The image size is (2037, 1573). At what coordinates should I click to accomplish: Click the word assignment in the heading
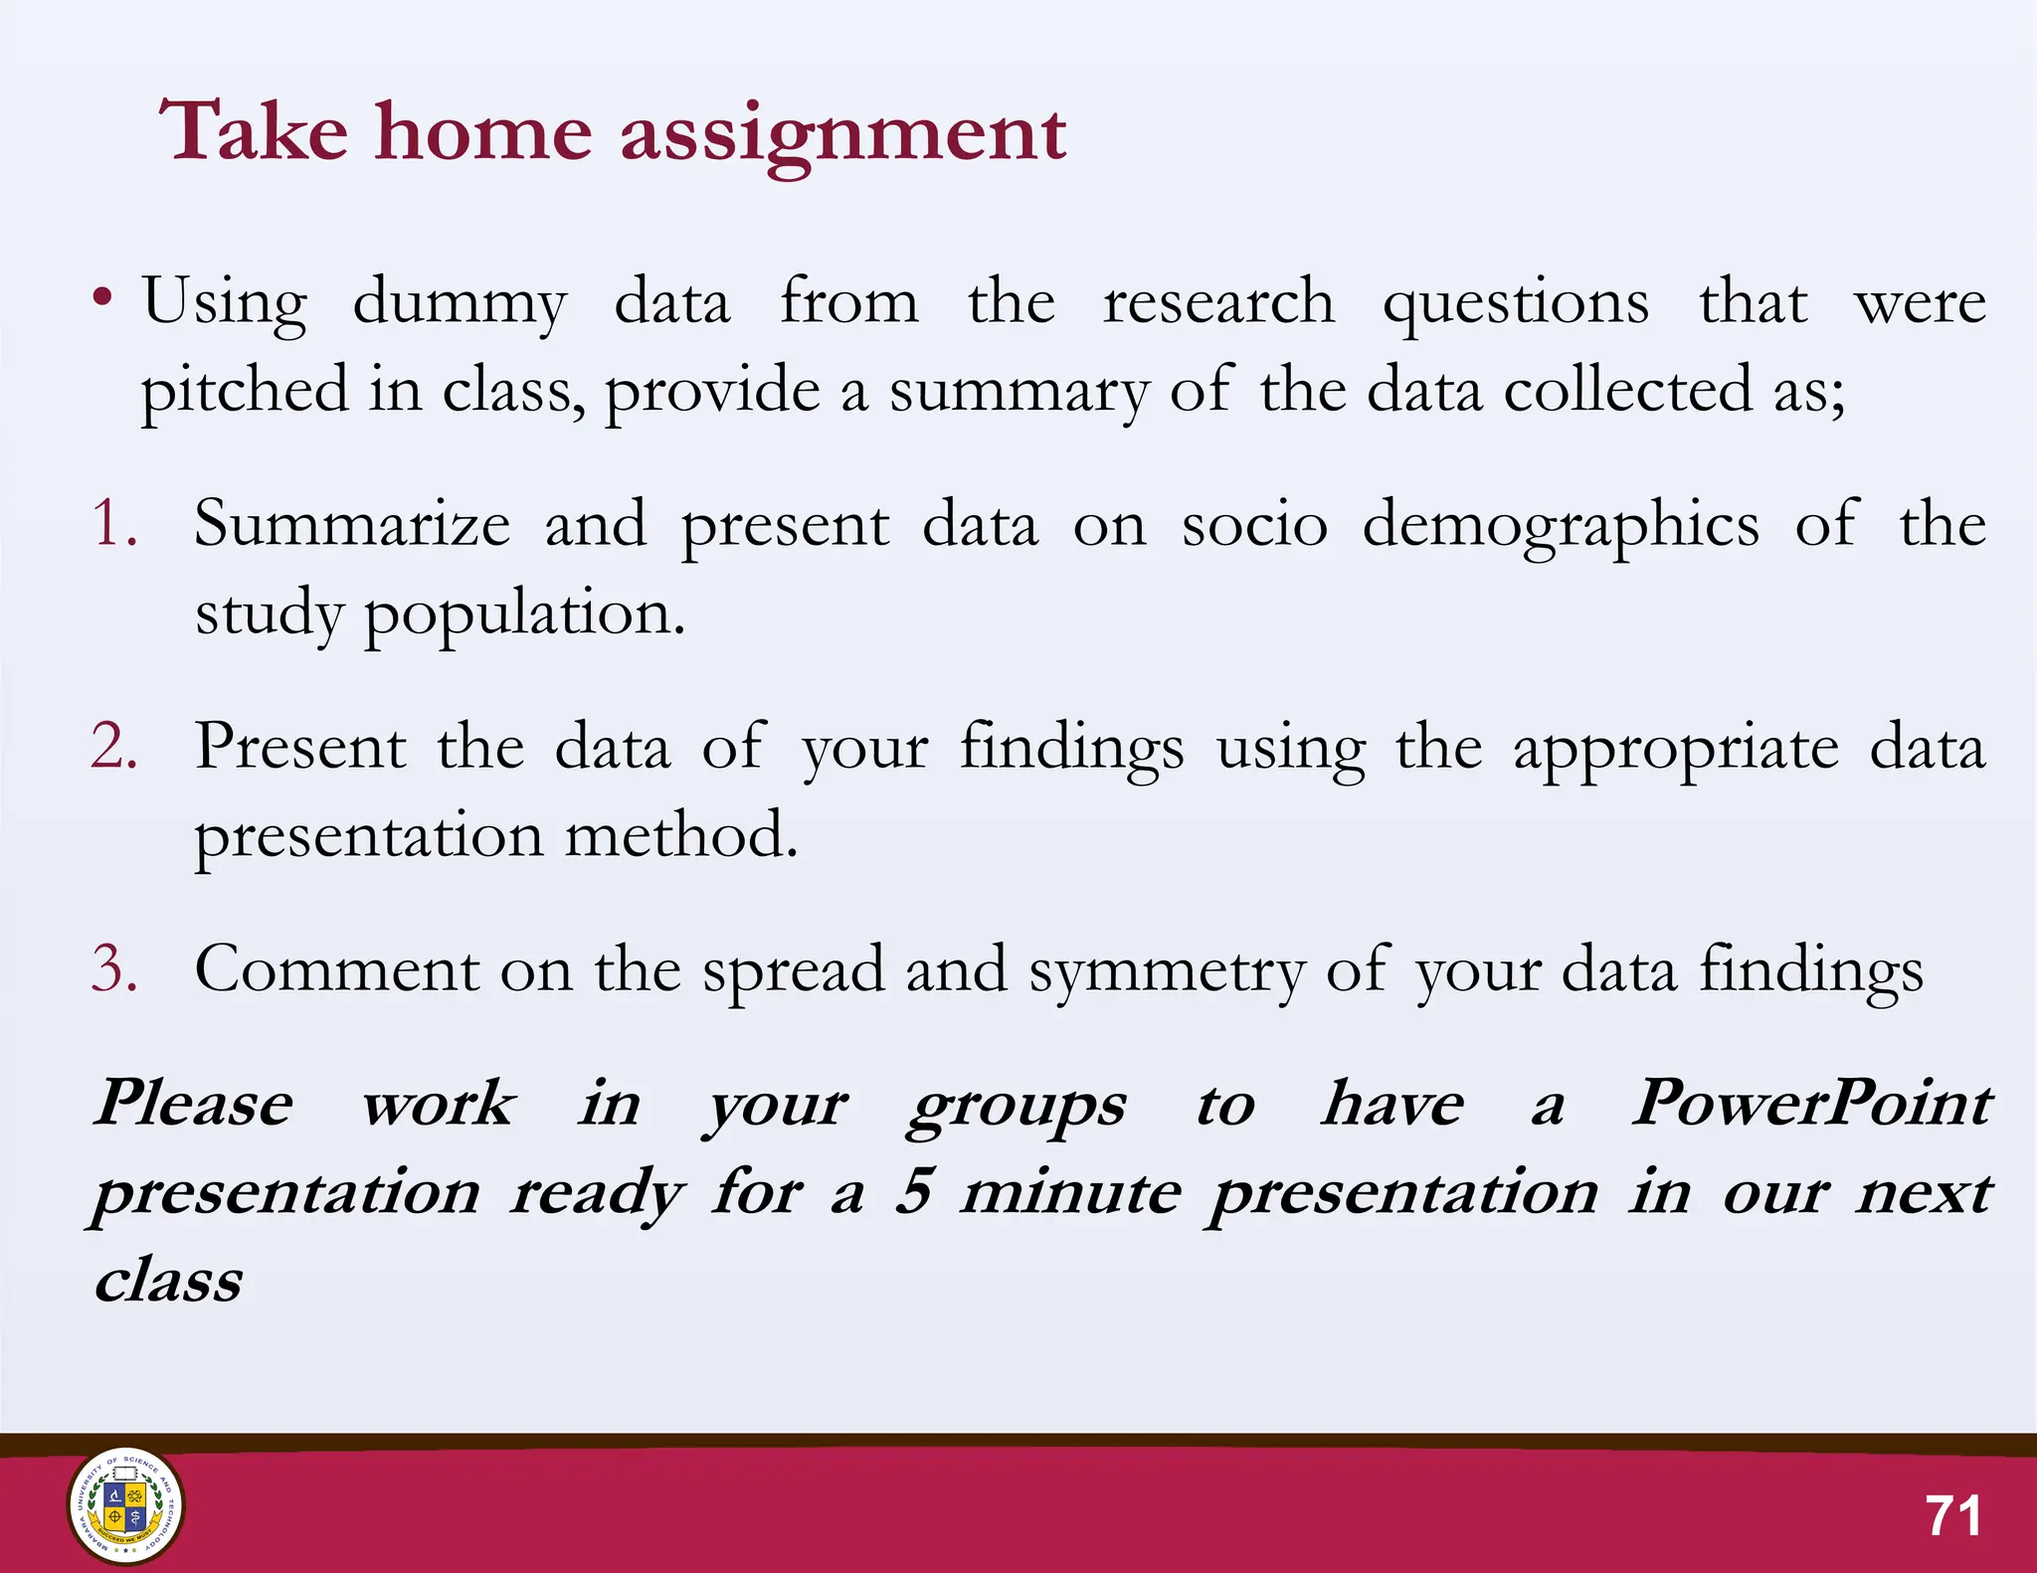click(842, 134)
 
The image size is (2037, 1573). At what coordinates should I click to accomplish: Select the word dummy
click(460, 302)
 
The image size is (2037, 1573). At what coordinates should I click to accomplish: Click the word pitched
click(244, 391)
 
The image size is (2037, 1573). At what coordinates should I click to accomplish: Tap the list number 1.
click(112, 523)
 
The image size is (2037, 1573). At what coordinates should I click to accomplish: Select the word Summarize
click(352, 524)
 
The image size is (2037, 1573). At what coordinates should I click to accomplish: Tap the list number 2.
click(112, 746)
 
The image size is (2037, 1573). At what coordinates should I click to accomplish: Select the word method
click(681, 835)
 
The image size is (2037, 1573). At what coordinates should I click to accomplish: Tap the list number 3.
click(112, 968)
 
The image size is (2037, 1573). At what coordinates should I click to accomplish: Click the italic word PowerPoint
click(1811, 1104)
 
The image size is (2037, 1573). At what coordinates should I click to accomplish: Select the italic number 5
click(913, 1191)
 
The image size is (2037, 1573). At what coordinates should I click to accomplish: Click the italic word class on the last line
click(169, 1280)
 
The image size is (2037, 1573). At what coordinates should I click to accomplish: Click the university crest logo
click(125, 1505)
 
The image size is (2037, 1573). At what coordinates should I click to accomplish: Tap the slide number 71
click(1952, 1516)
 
